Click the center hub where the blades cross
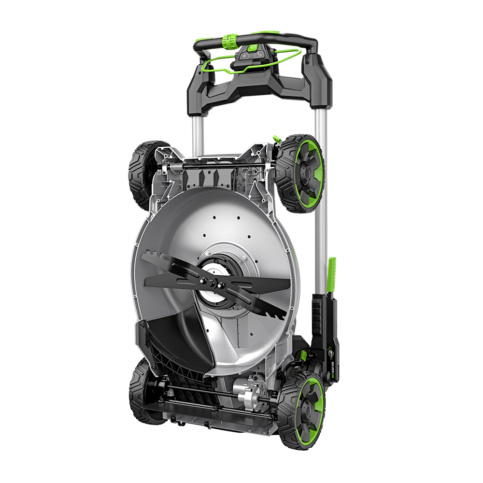click(x=216, y=281)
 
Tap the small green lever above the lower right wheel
click(x=303, y=356)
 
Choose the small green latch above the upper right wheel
click(x=277, y=139)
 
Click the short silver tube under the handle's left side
click(x=198, y=128)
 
